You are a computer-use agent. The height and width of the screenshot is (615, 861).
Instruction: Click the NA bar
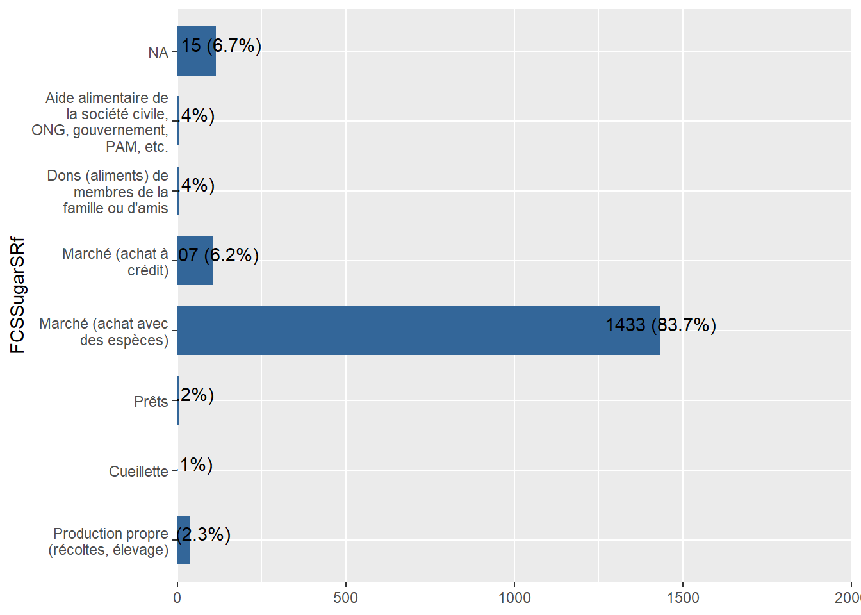197,51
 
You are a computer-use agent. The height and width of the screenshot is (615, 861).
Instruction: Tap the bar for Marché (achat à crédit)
195,261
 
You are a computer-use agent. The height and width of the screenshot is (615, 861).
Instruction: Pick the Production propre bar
184,540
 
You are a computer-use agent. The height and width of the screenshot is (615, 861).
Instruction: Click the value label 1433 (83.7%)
660,325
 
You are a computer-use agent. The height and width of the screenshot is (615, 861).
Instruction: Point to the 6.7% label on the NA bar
221,46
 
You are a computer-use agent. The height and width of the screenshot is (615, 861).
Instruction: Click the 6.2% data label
218,256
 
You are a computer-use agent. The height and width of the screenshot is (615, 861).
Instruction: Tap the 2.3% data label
204,534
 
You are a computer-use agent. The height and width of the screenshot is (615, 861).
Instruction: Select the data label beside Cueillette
196,464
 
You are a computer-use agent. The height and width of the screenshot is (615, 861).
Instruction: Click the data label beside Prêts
197,395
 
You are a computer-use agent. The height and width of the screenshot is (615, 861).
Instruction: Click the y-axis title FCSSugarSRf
18,295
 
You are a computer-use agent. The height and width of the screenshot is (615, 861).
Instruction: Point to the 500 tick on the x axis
346,598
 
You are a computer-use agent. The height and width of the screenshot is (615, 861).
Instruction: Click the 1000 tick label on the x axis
514,598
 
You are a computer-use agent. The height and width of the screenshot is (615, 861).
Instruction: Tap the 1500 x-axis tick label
683,598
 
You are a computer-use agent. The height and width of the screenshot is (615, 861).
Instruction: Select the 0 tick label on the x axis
177,598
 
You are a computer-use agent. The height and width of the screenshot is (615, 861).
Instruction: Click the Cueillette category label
138,471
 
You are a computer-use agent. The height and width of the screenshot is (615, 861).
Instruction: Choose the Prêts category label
151,402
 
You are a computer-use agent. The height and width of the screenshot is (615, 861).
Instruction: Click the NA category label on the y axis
158,53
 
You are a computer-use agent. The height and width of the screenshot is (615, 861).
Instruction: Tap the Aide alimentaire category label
102,122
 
